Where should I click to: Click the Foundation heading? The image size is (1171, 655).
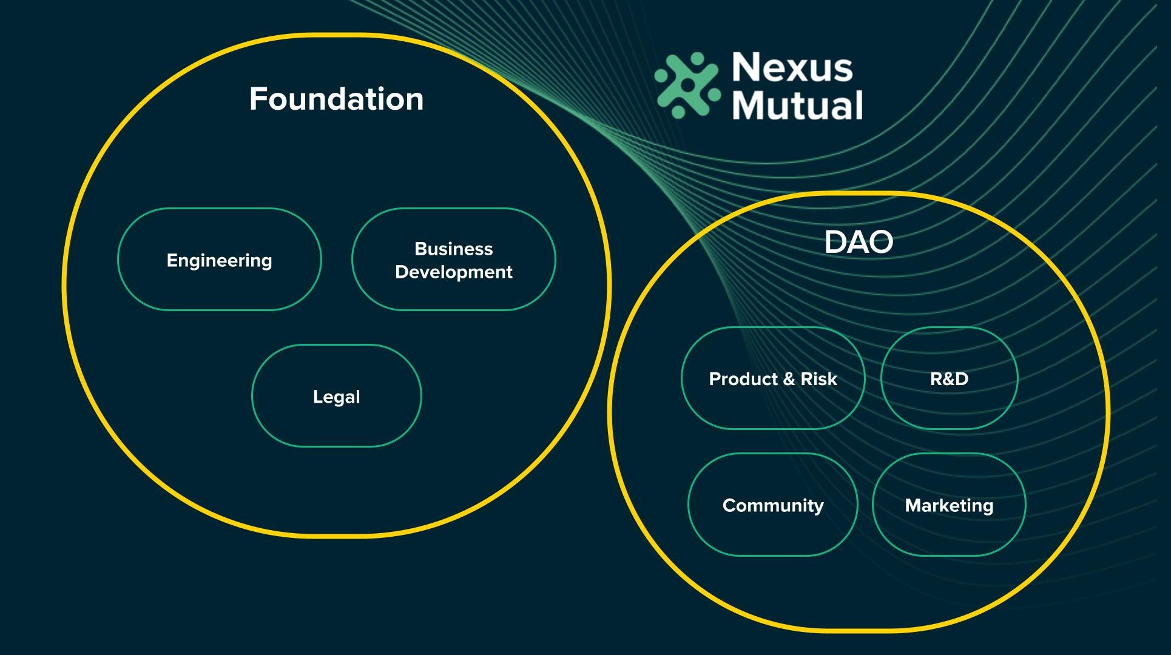click(x=336, y=99)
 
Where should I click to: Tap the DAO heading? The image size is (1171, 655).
click(x=859, y=242)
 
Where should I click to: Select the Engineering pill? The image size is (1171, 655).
click(x=219, y=260)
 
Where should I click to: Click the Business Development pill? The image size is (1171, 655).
click(x=453, y=260)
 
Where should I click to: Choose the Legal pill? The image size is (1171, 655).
click(x=336, y=396)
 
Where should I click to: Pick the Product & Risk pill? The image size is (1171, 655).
click(x=772, y=378)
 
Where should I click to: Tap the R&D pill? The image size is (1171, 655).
click(x=949, y=378)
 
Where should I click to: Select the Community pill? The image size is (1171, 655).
click(x=772, y=505)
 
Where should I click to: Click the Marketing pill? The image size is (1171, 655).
click(x=949, y=505)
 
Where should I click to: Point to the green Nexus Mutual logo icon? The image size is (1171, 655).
click(x=687, y=85)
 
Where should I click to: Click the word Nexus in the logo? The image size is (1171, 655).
click(x=792, y=67)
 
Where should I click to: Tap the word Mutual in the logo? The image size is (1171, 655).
click(x=797, y=105)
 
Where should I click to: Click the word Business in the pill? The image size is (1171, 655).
click(x=453, y=249)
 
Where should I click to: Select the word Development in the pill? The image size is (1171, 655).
click(x=453, y=272)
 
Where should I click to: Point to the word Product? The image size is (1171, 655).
click(x=743, y=378)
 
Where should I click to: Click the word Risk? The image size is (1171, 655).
click(x=818, y=378)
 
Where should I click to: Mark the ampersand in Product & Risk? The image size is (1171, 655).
click(x=789, y=379)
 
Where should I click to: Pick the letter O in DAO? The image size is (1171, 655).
click(x=880, y=242)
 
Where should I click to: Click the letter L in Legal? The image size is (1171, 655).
click(x=317, y=396)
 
